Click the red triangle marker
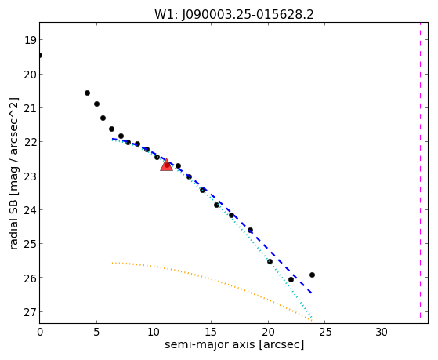click(x=166, y=165)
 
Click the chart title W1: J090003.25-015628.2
click(x=234, y=15)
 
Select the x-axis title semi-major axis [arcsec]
click(x=234, y=344)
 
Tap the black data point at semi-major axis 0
click(x=40, y=56)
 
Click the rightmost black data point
click(x=312, y=275)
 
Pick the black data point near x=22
click(x=291, y=279)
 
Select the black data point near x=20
click(x=270, y=261)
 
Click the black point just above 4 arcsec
click(x=87, y=93)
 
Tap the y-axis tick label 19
click(x=30, y=40)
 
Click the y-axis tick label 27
click(x=30, y=312)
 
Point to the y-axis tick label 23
click(x=30, y=176)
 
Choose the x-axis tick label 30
click(x=382, y=332)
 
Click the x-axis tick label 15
click(x=211, y=332)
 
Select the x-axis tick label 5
click(x=96, y=332)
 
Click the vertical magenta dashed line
click(x=420, y=171)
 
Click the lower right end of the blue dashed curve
click(x=312, y=293)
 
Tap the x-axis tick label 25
click(x=324, y=332)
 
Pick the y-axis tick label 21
click(x=30, y=108)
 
